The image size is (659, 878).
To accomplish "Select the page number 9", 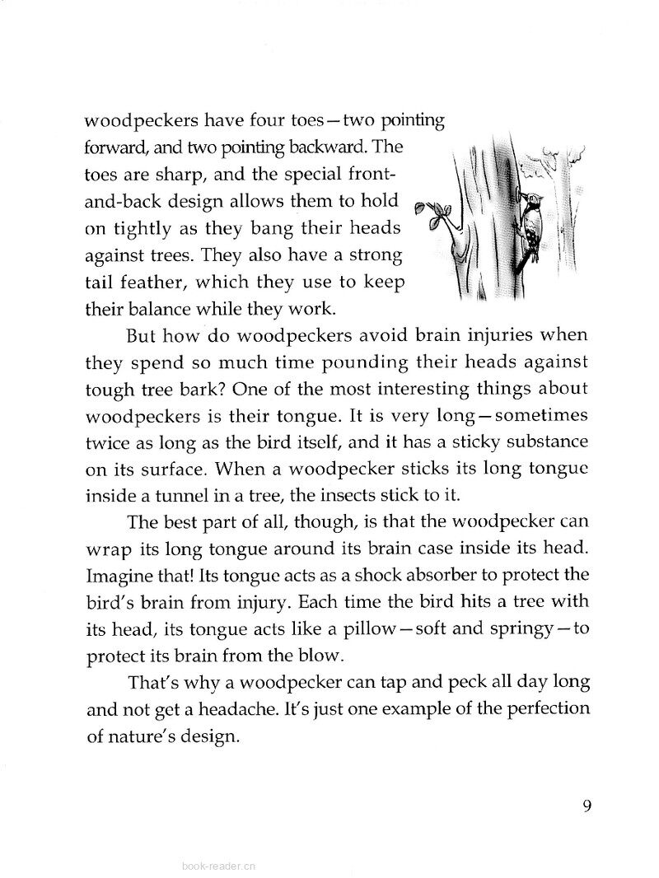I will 587,806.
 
